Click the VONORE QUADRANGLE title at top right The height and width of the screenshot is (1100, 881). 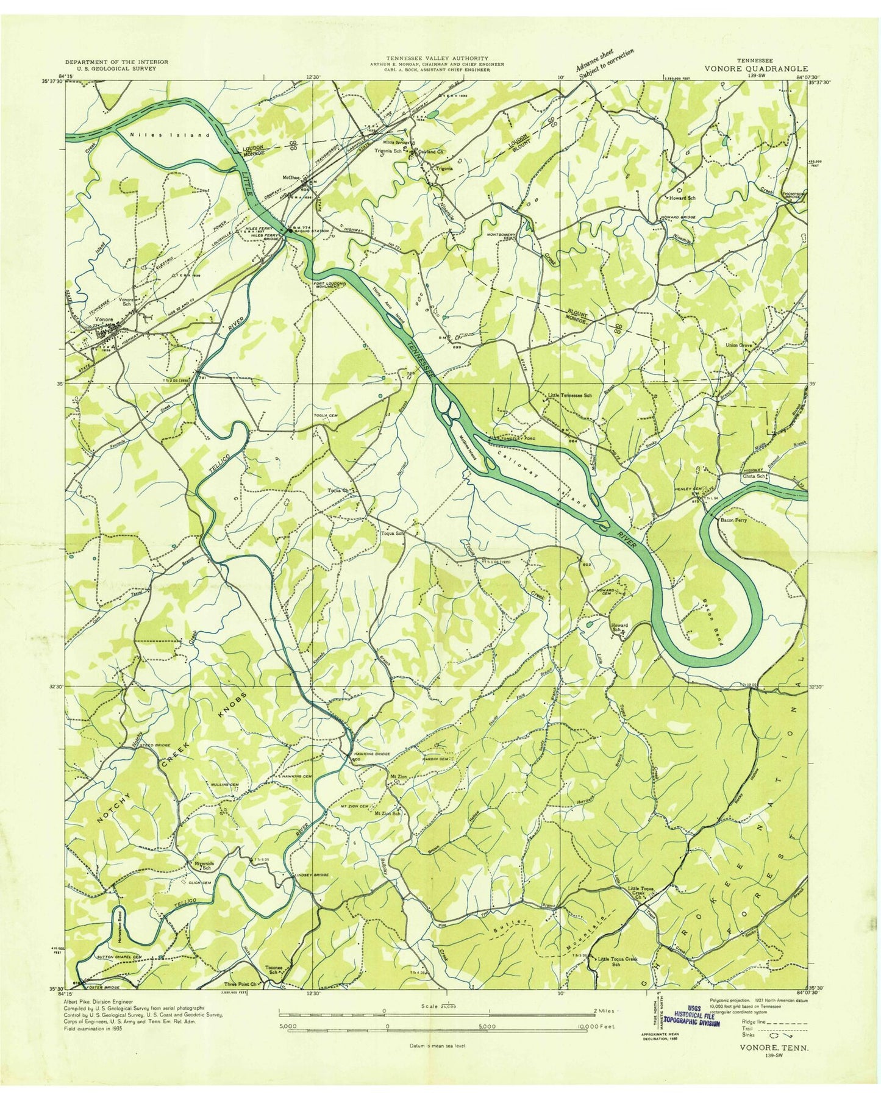(756, 69)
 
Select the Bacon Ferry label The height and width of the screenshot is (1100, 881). (733, 521)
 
